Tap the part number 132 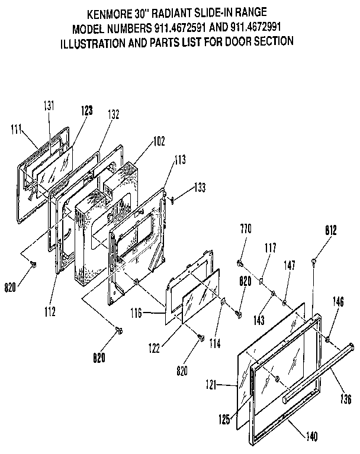(114, 114)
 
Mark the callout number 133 (201, 188)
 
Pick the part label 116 (136, 312)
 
